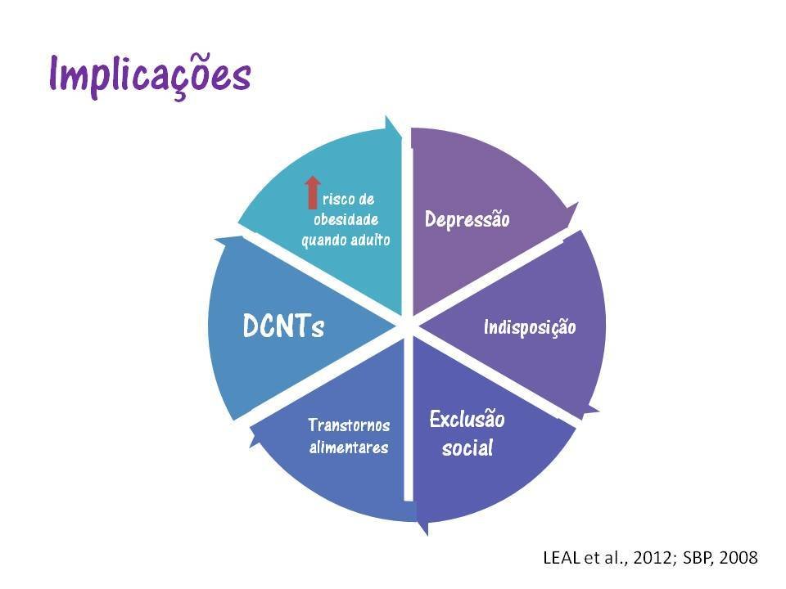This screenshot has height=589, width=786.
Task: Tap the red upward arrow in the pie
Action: click(x=311, y=192)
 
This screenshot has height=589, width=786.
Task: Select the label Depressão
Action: click(x=467, y=219)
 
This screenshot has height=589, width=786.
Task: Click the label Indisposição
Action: click(x=530, y=327)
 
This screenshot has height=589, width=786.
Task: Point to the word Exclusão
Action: click(x=468, y=420)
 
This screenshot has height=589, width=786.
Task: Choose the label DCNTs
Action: click(x=283, y=326)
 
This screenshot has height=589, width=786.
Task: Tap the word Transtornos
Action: click(x=349, y=425)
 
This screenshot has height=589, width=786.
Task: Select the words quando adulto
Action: click(x=346, y=240)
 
